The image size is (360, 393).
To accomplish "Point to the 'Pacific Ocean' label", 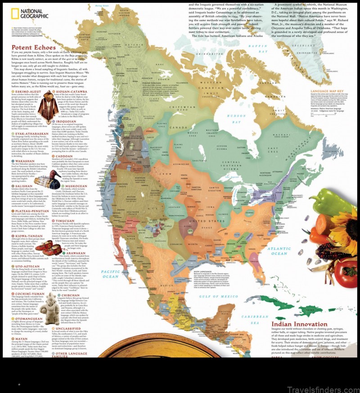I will (110, 274).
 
